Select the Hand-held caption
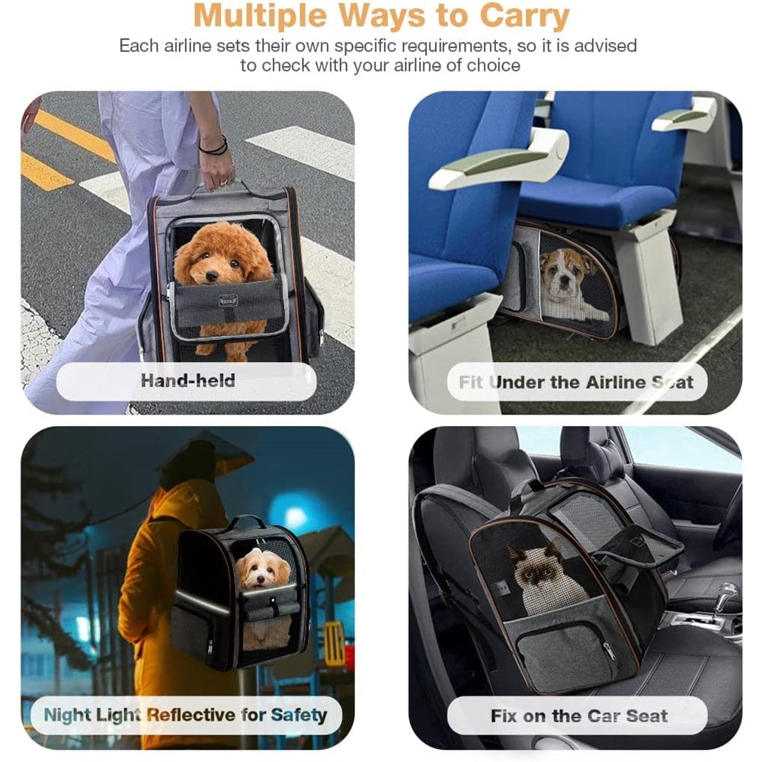[187, 380]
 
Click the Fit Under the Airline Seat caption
[576, 382]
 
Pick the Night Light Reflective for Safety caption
[185, 715]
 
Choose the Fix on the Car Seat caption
[579, 716]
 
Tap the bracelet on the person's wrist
[213, 145]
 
